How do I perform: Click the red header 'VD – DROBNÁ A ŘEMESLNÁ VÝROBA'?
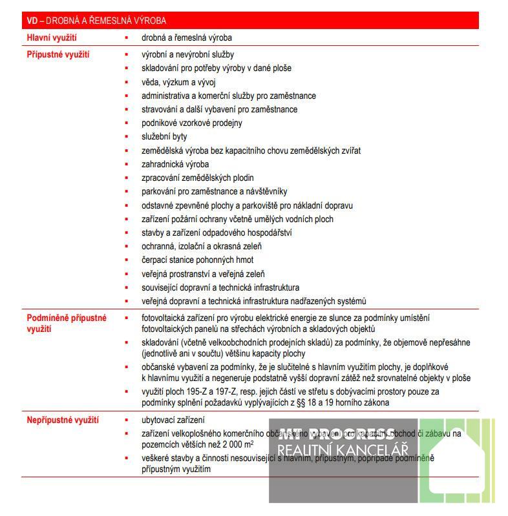96,21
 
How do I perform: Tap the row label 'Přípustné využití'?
58,55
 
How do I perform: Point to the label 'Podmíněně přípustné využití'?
66,324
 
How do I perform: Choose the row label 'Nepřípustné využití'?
63,420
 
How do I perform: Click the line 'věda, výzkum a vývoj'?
178,82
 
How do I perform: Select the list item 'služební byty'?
164,137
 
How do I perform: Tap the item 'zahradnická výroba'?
175,164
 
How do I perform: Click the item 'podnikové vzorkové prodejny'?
192,123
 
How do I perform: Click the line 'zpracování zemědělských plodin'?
198,178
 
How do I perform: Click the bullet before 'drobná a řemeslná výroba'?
127,38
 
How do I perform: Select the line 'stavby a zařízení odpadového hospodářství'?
217,232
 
